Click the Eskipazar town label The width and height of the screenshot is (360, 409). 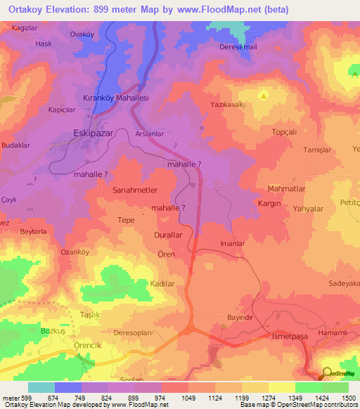point(95,131)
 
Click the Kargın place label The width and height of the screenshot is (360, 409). point(269,203)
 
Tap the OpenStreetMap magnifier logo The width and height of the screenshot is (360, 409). point(327,374)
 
